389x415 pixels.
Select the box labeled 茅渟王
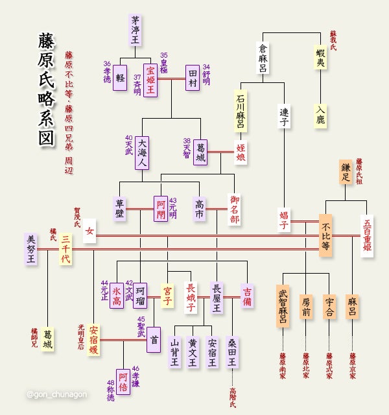pos(136,30)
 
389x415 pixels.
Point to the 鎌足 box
pos(346,171)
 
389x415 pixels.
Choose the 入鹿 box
pos(320,115)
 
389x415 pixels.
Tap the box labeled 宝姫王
pos(150,77)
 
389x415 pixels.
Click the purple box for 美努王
pos(32,249)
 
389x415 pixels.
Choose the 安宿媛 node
pos(94,340)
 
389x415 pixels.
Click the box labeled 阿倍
pos(123,382)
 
